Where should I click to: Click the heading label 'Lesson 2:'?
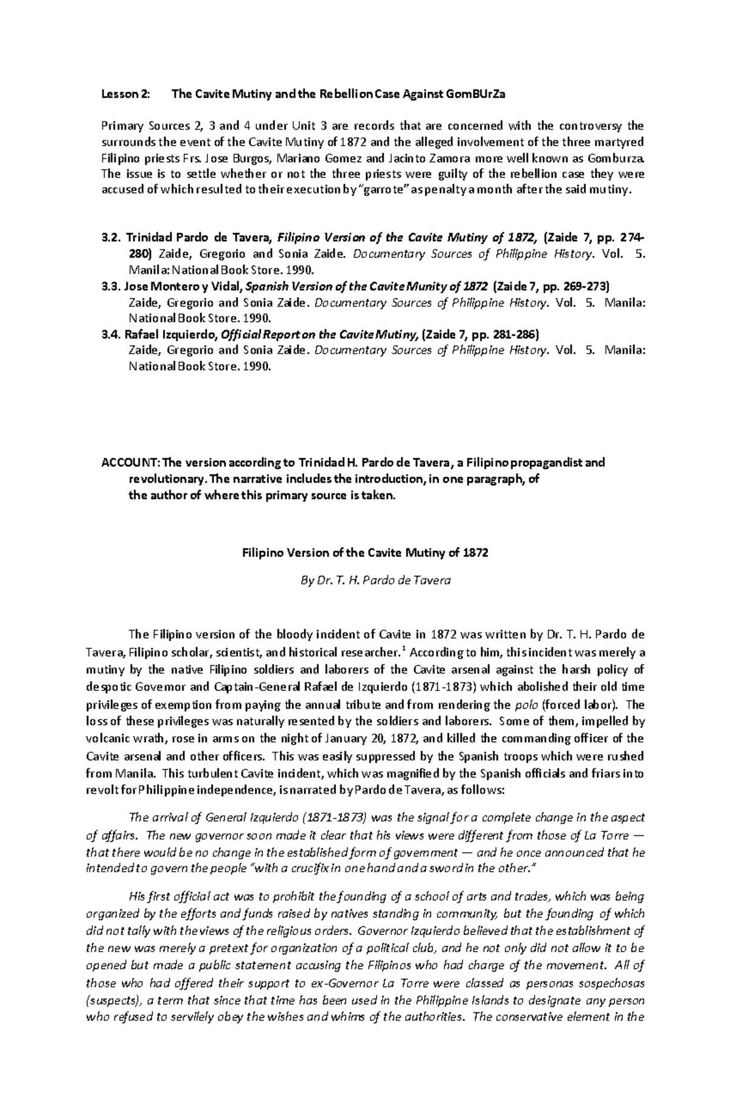point(123,94)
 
